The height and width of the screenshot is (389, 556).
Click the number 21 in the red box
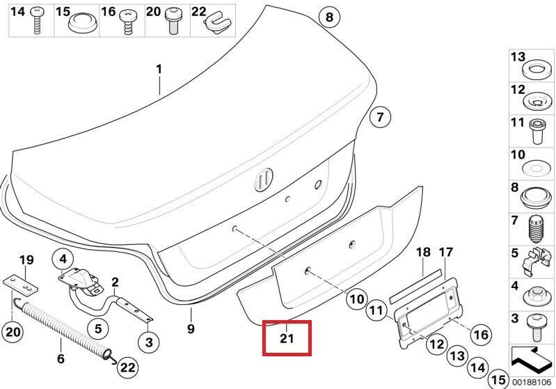(x=287, y=338)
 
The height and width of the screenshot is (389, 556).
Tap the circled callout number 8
(x=329, y=17)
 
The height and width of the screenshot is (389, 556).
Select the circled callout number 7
(x=380, y=117)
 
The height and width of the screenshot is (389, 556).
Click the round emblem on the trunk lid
(x=264, y=180)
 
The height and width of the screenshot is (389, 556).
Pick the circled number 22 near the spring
(x=127, y=367)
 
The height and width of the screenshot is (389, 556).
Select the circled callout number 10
(x=357, y=299)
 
